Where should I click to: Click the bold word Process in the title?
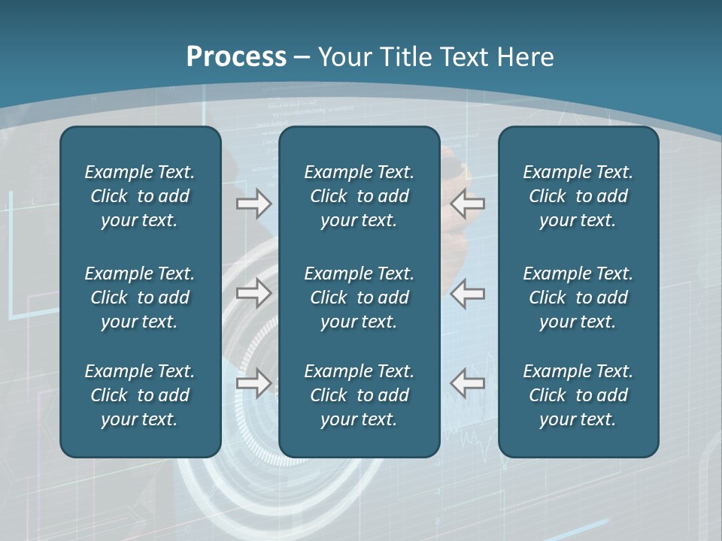tap(236, 57)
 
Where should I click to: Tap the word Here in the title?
tap(525, 57)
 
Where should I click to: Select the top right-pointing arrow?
tap(253, 204)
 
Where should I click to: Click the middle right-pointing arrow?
tap(253, 293)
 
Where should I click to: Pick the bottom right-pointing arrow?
tap(253, 382)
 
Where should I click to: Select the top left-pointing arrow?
tap(468, 204)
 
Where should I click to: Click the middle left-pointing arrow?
tap(468, 293)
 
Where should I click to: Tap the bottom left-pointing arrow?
tap(468, 382)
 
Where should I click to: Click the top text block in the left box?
tap(140, 196)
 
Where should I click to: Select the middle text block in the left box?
tap(140, 298)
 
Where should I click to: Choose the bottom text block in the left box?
tap(140, 395)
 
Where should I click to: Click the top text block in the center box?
tap(359, 196)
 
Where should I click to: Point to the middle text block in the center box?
tap(359, 298)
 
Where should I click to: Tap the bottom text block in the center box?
tap(359, 395)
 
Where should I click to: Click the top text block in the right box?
tap(578, 196)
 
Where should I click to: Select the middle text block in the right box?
tap(578, 298)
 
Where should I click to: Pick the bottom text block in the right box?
tap(578, 395)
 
